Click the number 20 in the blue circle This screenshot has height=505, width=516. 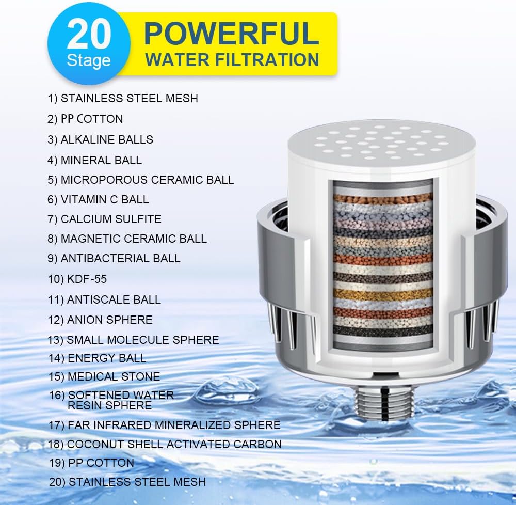click(x=89, y=35)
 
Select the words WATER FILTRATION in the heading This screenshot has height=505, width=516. click(x=232, y=60)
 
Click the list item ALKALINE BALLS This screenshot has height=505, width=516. click(x=101, y=139)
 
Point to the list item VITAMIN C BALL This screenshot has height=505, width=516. click(x=98, y=199)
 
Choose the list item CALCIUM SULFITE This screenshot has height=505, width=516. click(x=105, y=219)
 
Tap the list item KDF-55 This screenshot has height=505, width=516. click(x=77, y=279)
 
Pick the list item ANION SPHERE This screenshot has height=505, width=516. click(x=101, y=320)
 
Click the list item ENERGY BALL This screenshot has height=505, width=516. click(x=98, y=358)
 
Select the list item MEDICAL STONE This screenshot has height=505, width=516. click(x=104, y=377)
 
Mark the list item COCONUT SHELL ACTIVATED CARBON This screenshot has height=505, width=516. click(x=165, y=444)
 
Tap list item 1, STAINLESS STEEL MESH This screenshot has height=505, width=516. click(x=123, y=98)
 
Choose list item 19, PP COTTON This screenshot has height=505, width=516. click(x=92, y=463)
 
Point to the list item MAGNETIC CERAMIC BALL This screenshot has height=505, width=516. click(x=127, y=239)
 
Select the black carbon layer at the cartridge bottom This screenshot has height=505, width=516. click(x=382, y=330)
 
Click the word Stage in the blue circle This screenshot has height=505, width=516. click(x=88, y=60)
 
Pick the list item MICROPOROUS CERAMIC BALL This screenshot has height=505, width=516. click(x=141, y=180)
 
